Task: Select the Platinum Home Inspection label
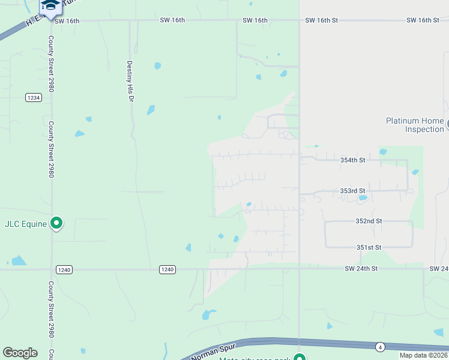(x=415, y=125)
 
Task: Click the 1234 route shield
(x=34, y=97)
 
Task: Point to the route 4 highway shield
(x=379, y=347)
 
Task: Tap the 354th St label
(x=352, y=160)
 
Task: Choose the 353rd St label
(x=352, y=191)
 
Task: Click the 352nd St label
(x=369, y=221)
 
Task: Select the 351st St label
(x=369, y=247)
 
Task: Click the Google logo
(x=20, y=353)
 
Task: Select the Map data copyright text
(x=423, y=355)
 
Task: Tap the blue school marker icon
(x=51, y=6)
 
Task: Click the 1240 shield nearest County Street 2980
(x=65, y=269)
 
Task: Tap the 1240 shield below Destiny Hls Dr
(x=167, y=269)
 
